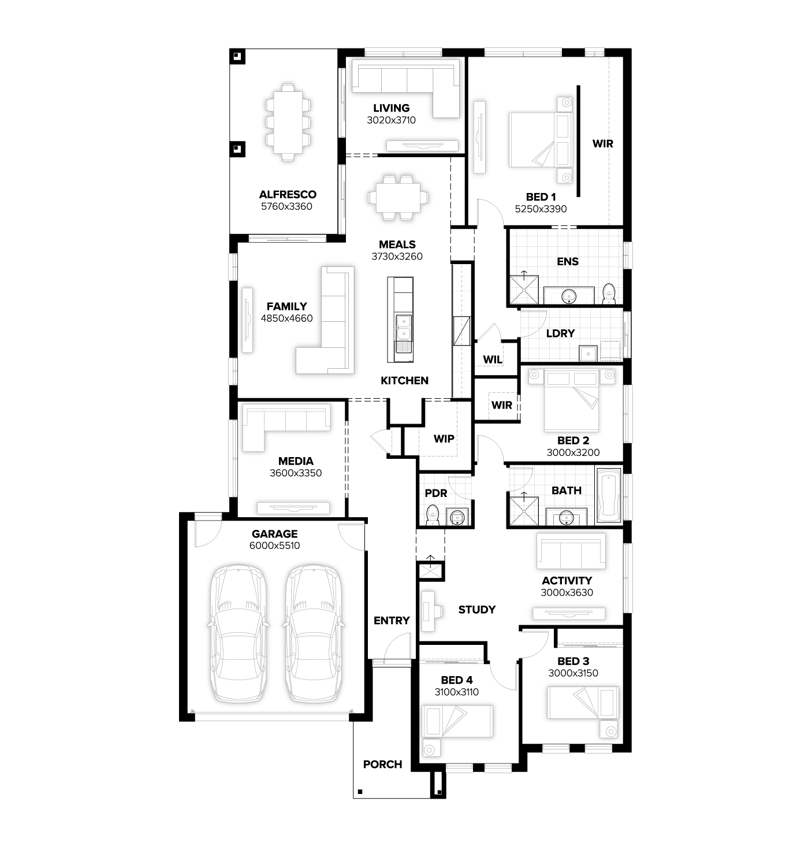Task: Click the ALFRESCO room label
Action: (x=288, y=194)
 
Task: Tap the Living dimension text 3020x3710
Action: (x=391, y=120)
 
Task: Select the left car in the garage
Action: (x=238, y=633)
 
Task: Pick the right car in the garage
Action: (x=314, y=633)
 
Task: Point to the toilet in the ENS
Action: (x=609, y=294)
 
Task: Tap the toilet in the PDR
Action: (x=433, y=515)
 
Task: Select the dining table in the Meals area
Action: (x=398, y=198)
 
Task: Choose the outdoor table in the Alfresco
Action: (x=288, y=123)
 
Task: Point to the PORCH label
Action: (x=382, y=765)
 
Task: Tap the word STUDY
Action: (x=476, y=610)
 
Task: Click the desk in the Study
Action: (x=429, y=611)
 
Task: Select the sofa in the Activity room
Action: (x=571, y=551)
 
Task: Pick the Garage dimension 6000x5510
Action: (x=274, y=546)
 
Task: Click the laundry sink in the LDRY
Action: (x=588, y=354)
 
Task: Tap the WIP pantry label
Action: (x=444, y=439)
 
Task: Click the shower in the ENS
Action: (x=524, y=290)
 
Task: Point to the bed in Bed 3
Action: (x=583, y=702)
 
